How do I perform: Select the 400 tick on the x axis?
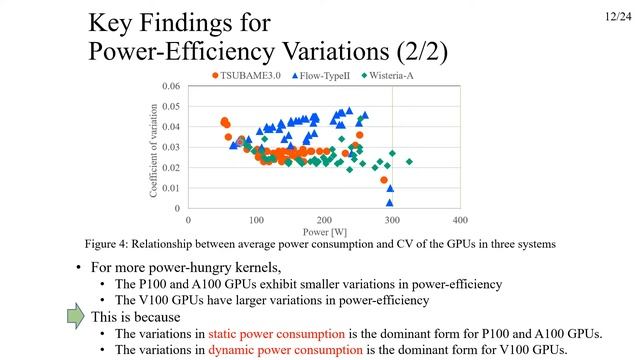pyautogui.click(x=459, y=219)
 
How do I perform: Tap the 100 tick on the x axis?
pyautogui.click(x=256, y=219)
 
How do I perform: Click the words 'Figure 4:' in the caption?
pyautogui.click(x=108, y=243)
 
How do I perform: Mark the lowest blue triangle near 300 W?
pyautogui.click(x=390, y=202)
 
